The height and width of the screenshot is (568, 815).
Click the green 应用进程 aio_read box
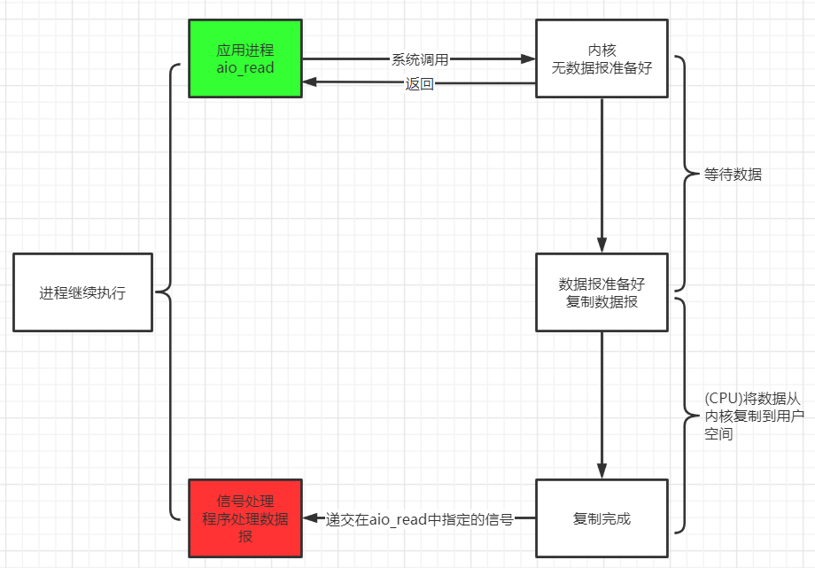245,58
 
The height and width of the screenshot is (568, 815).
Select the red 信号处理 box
245,518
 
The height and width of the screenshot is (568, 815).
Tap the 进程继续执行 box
82,292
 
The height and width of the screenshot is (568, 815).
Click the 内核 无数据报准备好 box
602,58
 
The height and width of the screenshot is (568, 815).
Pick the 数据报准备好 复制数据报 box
602,292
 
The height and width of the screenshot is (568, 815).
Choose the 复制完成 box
602,518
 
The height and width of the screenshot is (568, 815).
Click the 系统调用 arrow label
420,60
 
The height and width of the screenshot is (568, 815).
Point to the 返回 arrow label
420,84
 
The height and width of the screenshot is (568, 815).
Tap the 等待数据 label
733,175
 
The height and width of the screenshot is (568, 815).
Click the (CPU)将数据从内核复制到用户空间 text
741,416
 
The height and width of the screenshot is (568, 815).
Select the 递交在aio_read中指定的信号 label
419,519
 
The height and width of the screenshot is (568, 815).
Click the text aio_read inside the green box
245,68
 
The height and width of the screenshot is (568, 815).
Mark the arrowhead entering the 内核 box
529,60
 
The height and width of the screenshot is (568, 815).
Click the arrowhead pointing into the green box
308,83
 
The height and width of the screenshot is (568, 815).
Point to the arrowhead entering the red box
308,518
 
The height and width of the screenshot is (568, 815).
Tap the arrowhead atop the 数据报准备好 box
602,247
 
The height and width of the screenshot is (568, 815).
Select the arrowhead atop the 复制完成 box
602,473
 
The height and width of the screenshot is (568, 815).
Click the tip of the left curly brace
156,292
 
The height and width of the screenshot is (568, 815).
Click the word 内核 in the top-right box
602,50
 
